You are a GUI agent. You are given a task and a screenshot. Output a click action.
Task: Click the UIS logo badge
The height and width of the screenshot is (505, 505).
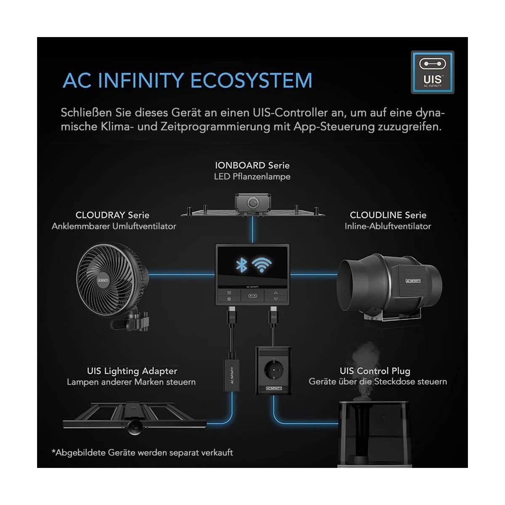point(432,72)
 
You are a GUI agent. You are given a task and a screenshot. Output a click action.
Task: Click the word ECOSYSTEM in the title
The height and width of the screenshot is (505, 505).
point(251,80)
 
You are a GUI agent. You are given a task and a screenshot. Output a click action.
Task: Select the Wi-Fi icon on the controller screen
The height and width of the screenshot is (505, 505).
point(261,265)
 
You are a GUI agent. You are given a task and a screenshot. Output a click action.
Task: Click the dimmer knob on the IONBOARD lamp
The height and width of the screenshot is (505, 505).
point(253,202)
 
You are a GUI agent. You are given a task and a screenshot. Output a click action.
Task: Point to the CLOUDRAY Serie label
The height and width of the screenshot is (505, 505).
point(112,215)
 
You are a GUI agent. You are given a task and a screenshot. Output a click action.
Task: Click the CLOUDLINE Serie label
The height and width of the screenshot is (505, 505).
point(388,215)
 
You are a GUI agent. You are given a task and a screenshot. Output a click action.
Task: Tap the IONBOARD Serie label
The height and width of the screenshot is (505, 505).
point(252,165)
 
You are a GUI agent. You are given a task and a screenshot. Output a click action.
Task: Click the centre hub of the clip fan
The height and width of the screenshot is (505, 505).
point(103,280)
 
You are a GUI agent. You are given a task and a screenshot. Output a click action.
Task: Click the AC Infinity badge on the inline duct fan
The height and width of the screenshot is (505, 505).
point(413,281)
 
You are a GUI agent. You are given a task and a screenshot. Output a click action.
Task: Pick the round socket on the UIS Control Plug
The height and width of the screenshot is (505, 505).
point(274,370)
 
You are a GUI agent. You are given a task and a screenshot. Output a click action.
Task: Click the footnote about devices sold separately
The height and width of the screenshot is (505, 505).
point(142,452)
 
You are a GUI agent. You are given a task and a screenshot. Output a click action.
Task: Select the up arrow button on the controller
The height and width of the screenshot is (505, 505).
point(275,292)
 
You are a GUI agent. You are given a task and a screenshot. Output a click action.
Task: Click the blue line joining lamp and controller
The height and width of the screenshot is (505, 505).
point(252,230)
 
